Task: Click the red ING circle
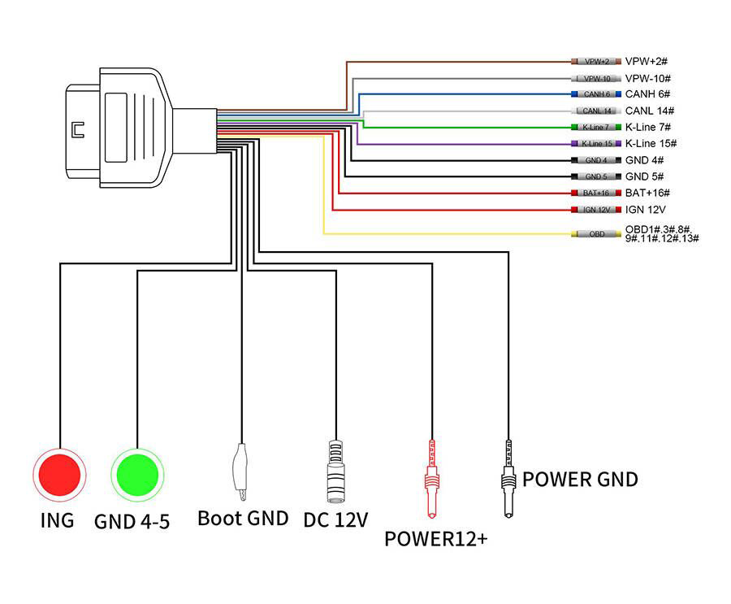[x=58, y=475]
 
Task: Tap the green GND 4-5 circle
[x=137, y=475]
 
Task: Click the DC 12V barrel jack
[x=335, y=471]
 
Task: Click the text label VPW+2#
[x=647, y=62]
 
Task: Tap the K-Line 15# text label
[x=651, y=144]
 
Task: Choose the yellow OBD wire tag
[x=597, y=234]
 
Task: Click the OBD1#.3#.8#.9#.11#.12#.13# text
[x=661, y=234]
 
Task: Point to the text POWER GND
[x=580, y=479]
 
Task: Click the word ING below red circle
[x=57, y=519]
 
